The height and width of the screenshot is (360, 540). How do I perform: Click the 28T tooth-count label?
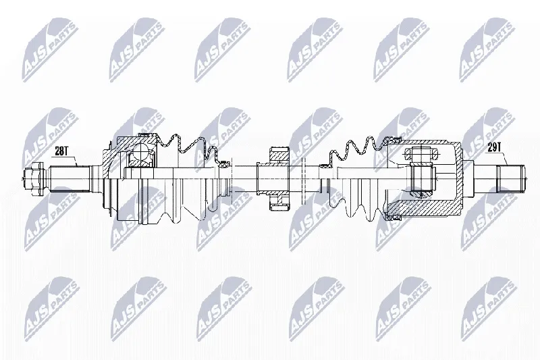(61, 151)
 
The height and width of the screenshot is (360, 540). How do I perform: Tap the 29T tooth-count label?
(494, 147)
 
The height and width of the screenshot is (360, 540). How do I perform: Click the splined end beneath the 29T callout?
(511, 179)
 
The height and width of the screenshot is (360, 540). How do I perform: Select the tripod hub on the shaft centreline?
(423, 178)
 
